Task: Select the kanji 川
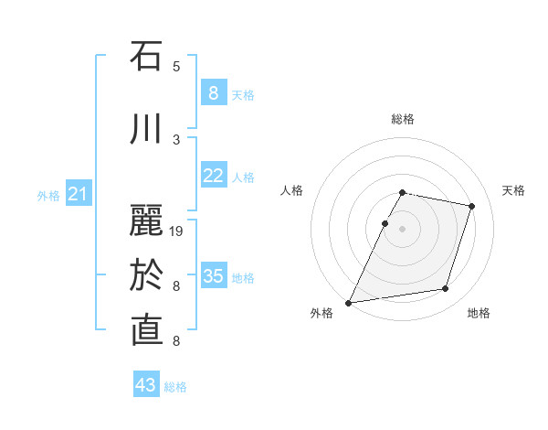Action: click(x=147, y=129)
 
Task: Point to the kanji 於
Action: click(x=147, y=275)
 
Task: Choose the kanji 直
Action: click(x=147, y=330)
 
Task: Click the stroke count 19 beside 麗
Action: click(x=177, y=231)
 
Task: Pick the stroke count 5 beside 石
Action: click(x=176, y=67)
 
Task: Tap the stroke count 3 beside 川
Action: click(x=176, y=140)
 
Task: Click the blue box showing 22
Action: click(x=213, y=176)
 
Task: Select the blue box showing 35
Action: click(x=213, y=276)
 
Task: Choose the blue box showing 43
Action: click(x=146, y=385)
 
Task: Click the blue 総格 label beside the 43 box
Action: click(x=175, y=387)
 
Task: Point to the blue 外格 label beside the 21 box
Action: click(x=48, y=195)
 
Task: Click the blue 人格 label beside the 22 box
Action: click(x=243, y=177)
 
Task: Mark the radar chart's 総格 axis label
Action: click(x=403, y=119)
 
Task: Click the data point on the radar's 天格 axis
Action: click(x=471, y=206)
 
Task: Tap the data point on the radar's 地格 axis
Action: click(x=445, y=289)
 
